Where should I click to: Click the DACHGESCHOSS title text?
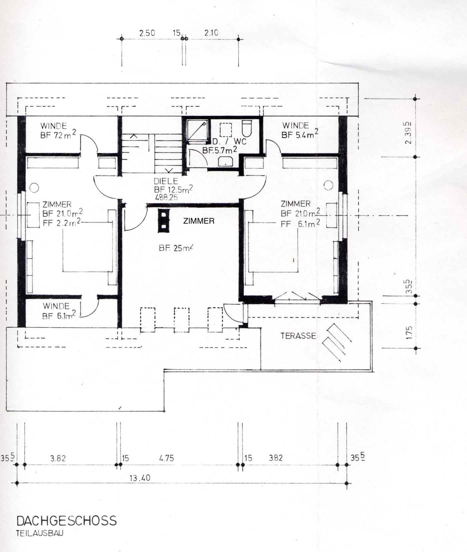click(x=67, y=520)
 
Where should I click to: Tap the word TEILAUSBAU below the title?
click(x=40, y=533)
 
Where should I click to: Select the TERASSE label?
click(x=298, y=336)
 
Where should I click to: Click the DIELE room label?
click(x=166, y=181)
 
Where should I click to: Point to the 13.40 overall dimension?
click(x=140, y=478)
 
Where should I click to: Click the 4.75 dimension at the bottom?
click(x=166, y=458)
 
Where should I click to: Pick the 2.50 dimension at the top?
click(x=147, y=33)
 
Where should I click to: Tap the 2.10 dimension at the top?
click(x=211, y=33)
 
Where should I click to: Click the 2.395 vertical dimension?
click(x=408, y=132)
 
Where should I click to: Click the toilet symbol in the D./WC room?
click(x=247, y=128)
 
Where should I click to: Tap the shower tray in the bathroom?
click(x=197, y=130)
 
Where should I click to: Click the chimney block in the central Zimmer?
click(x=163, y=220)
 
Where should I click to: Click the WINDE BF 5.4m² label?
click(x=300, y=130)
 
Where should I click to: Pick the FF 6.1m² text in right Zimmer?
click(x=300, y=223)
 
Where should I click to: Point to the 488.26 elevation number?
click(x=166, y=197)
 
